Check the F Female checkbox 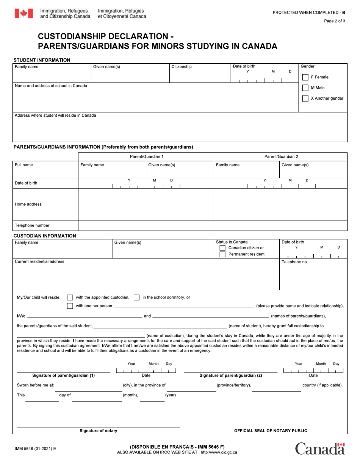point(305,77)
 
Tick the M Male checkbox point(305,88)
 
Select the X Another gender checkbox point(305,99)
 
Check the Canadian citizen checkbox point(222,248)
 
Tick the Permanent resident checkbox point(222,254)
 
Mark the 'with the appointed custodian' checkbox point(70,297)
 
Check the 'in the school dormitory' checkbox point(136,297)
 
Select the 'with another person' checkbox point(70,306)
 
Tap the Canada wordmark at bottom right point(320,449)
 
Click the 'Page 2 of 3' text point(334,21)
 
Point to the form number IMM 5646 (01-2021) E point(35,449)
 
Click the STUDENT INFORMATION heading point(42,60)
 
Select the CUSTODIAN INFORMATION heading point(45,236)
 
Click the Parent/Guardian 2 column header point(281,156)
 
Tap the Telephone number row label point(32,225)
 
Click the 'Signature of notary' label point(98,431)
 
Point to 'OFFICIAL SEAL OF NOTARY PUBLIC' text point(271,431)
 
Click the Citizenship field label point(182,67)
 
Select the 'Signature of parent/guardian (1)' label point(63,375)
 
